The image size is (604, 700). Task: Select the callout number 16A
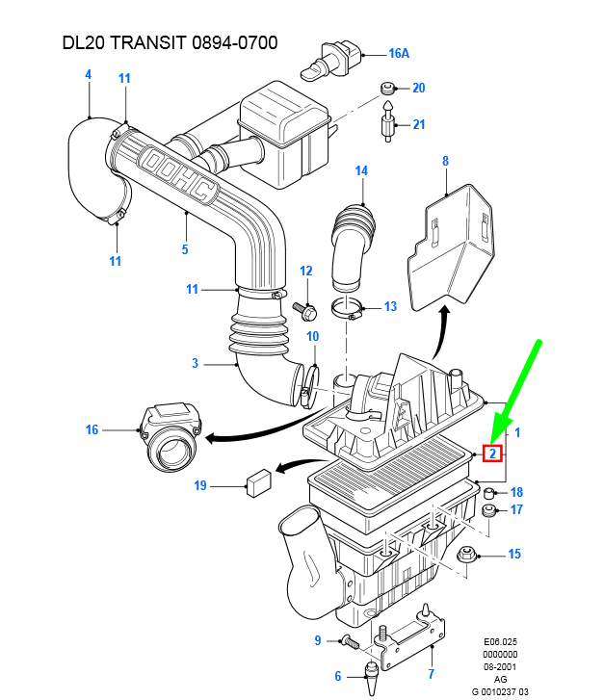(399, 54)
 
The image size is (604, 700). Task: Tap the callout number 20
(418, 89)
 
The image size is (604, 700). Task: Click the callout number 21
(418, 125)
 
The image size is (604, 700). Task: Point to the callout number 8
(445, 161)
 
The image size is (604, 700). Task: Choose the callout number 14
(361, 171)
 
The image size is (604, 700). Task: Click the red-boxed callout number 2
(492, 453)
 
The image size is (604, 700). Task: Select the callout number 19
(200, 486)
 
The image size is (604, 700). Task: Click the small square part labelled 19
(256, 482)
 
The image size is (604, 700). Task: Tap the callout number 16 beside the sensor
(92, 429)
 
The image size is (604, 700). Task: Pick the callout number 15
(514, 554)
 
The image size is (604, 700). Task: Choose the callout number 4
(88, 74)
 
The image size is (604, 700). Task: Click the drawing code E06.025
(500, 640)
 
